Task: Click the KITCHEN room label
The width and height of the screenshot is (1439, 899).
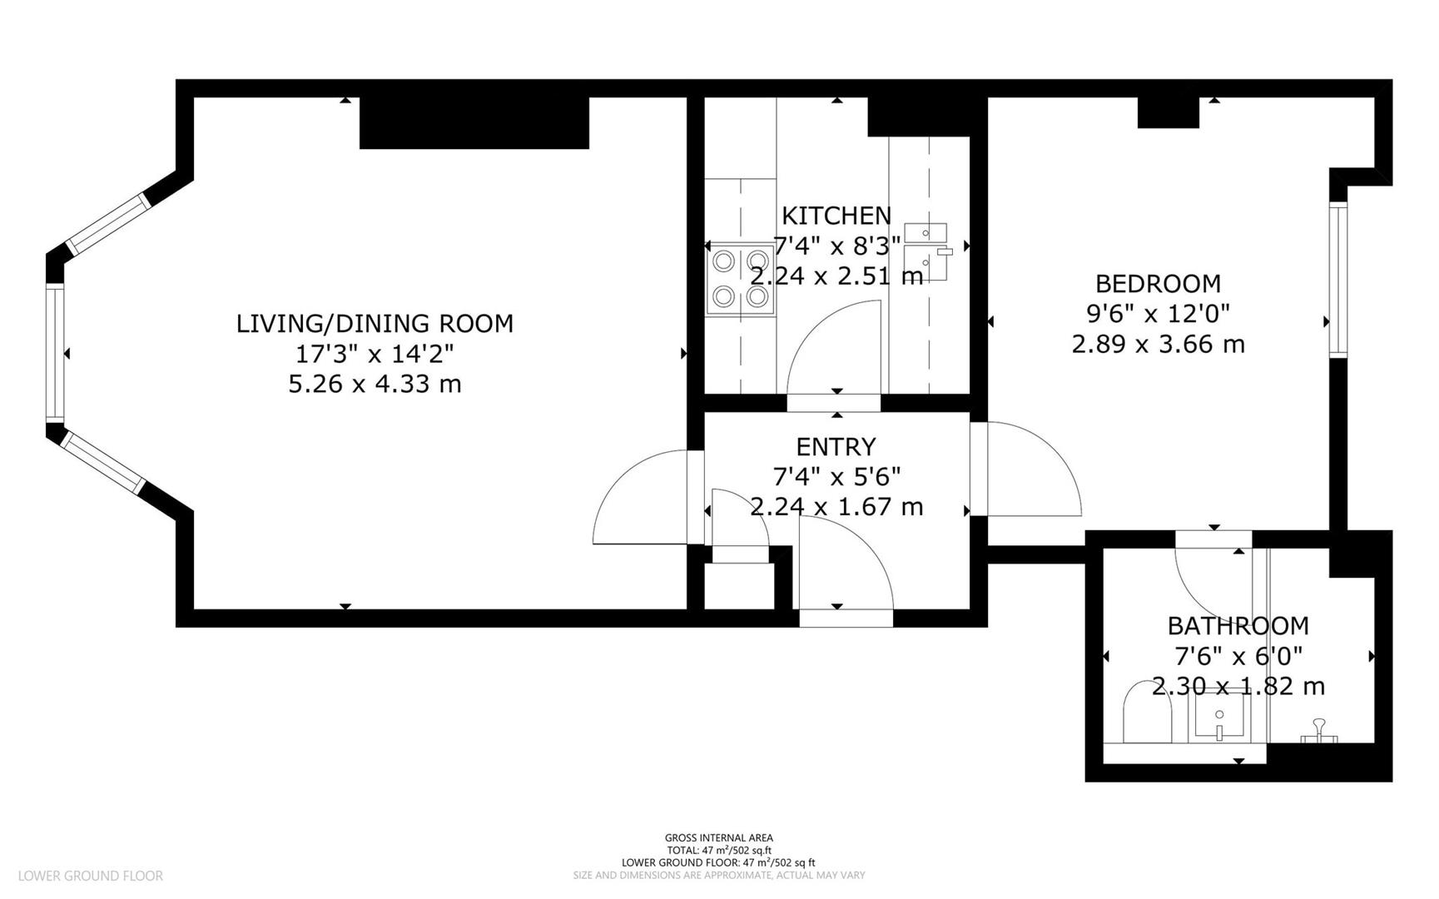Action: pos(836,216)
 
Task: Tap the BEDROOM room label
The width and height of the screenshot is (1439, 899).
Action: pos(1158,284)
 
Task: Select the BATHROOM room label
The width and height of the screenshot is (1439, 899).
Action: pos(1238,626)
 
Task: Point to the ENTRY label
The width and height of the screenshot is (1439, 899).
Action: pos(836,447)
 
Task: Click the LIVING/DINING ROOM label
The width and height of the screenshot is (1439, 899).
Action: pos(375,324)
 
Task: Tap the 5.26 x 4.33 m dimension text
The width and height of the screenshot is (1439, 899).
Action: pos(375,385)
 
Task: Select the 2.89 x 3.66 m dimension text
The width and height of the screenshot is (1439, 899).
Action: pos(1158,344)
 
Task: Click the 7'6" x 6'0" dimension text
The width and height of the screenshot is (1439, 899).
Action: pos(1238,657)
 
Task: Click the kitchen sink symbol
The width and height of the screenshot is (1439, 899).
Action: pos(926,251)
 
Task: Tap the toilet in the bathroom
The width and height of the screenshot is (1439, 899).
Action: pos(1148,715)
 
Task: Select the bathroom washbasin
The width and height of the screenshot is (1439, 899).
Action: pos(1219,717)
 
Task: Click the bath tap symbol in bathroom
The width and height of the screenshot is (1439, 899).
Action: pos(1318,729)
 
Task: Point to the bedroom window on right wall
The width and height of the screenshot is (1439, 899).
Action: pos(1337,280)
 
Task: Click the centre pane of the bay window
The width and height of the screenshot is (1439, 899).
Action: pos(55,352)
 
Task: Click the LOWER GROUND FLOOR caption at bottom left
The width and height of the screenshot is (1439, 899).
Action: pos(90,876)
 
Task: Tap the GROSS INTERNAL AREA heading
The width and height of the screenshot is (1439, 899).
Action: pos(718,838)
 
